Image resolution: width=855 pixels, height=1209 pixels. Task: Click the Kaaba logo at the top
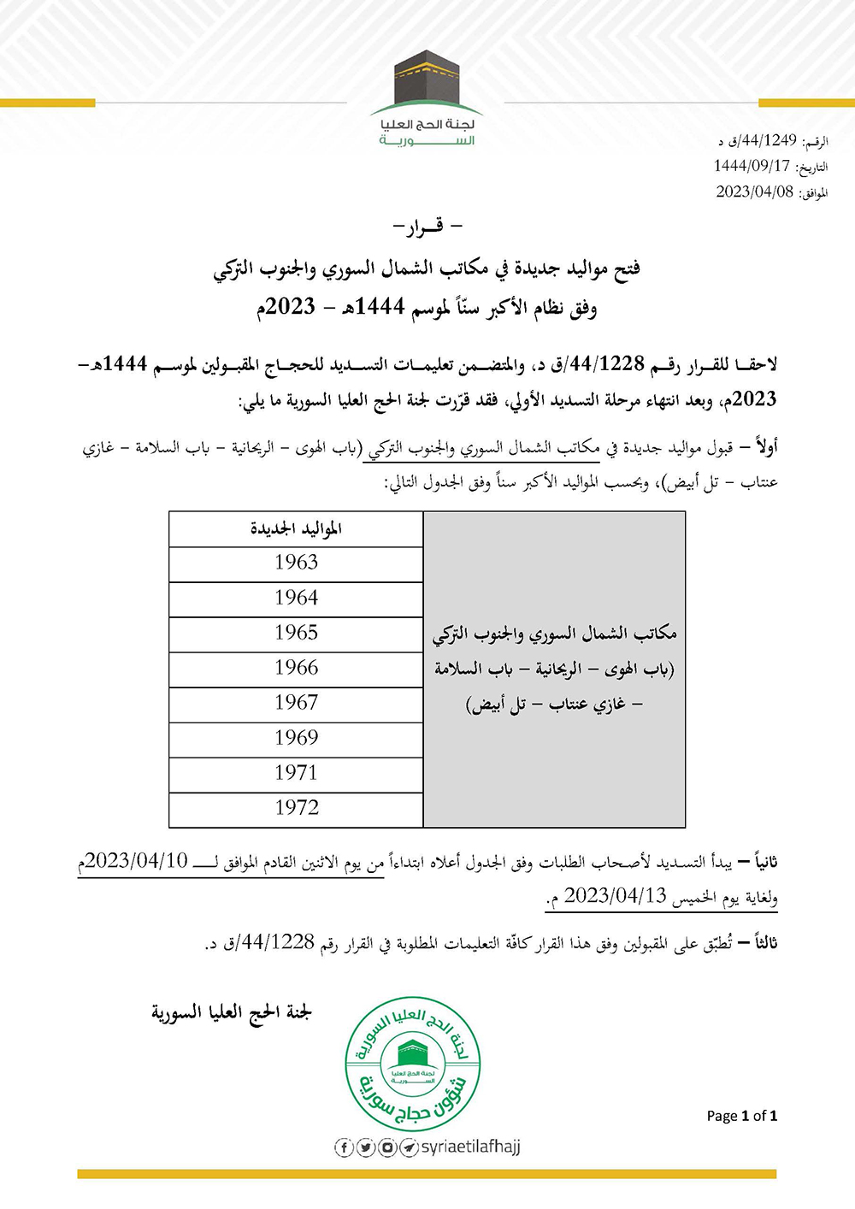click(427, 82)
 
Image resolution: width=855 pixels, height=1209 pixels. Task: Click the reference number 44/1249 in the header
click(763, 141)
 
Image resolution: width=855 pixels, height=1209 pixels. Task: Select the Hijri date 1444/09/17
click(752, 166)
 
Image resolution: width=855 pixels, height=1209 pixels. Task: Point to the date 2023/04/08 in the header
click(754, 192)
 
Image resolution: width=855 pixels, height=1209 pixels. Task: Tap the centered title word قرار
click(427, 227)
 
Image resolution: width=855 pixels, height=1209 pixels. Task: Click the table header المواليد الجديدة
click(296, 529)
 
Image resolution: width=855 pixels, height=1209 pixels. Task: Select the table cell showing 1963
click(296, 563)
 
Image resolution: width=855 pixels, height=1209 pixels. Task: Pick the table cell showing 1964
click(296, 598)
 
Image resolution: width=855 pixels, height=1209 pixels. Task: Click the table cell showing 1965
click(296, 633)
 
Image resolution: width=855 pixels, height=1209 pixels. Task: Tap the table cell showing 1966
click(296, 668)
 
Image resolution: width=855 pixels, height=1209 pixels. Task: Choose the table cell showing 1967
click(296, 703)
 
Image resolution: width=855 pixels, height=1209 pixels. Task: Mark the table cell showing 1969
click(296, 738)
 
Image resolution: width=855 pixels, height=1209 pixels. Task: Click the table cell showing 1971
click(296, 773)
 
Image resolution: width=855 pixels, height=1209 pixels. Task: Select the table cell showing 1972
click(296, 808)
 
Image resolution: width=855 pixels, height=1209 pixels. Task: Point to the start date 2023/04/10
click(136, 862)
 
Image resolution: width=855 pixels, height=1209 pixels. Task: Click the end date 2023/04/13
click(615, 896)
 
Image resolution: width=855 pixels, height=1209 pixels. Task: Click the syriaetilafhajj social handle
click(470, 1147)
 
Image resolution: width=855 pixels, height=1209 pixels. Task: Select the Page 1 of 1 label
click(741, 1116)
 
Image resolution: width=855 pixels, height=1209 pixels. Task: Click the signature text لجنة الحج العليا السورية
click(232, 1013)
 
